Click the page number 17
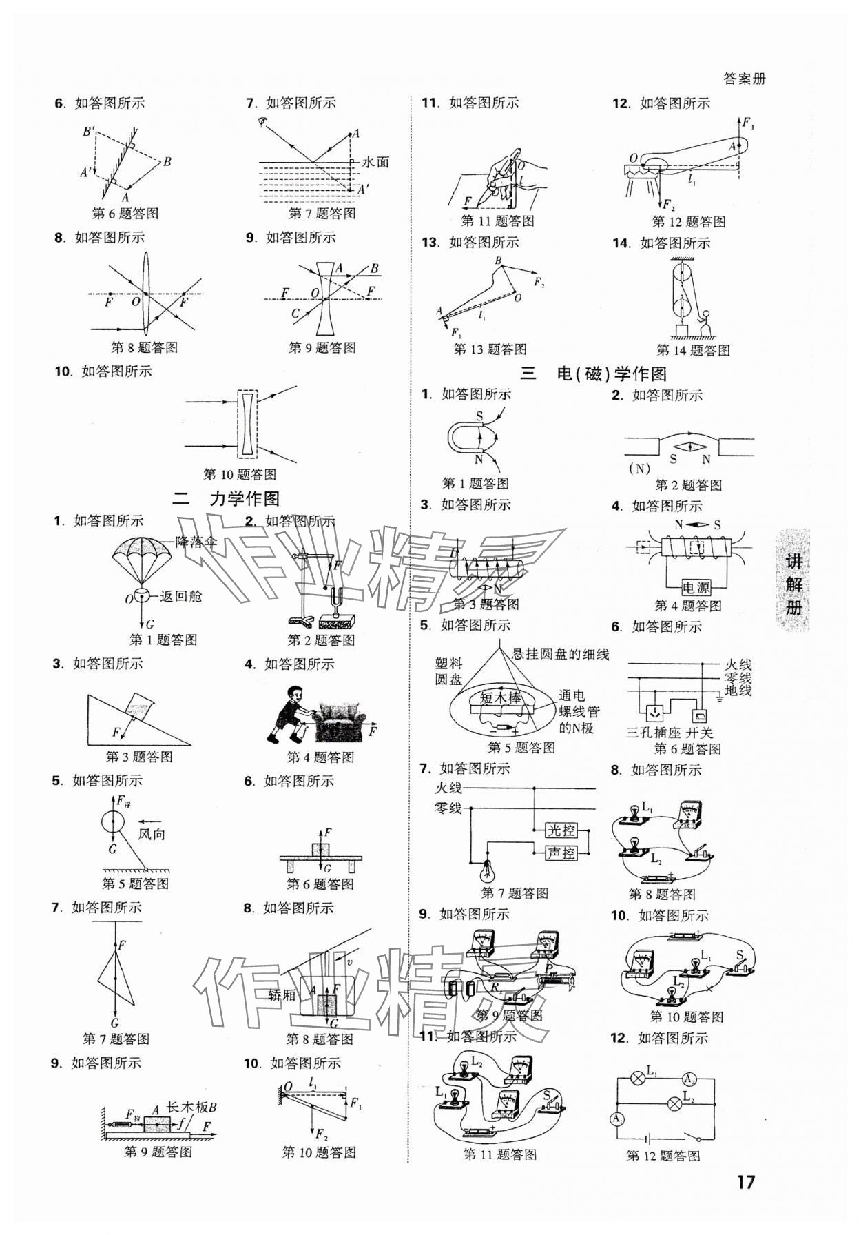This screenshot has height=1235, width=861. tap(746, 1182)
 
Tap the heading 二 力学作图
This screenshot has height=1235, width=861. tap(227, 499)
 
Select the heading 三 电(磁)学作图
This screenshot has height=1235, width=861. tap(593, 374)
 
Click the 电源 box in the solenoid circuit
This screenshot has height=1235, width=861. tap(696, 588)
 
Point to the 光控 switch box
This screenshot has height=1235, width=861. tap(561, 830)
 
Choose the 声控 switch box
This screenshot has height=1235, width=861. tap(561, 853)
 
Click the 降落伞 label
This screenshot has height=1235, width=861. tap(196, 542)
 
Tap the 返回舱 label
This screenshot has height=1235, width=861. tap(181, 596)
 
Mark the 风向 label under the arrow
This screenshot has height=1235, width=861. tap(152, 834)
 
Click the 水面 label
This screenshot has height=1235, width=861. tap(376, 162)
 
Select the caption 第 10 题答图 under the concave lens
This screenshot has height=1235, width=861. tap(240, 474)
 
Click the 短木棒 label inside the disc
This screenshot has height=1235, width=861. tap(501, 697)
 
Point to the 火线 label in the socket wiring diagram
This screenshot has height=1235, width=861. tap(738, 665)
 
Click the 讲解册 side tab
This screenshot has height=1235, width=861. tap(793, 583)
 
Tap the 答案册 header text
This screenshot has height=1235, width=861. tap(745, 79)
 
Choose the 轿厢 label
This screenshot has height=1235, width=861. tap(282, 994)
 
